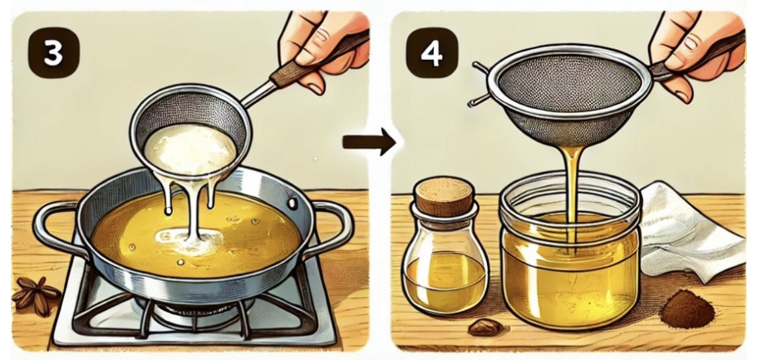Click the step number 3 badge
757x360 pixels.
tap(53, 53)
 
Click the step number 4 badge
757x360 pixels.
tap(431, 53)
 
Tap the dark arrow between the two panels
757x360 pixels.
tap(368, 141)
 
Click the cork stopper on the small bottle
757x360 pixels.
tap(445, 196)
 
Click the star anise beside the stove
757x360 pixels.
tap(35, 295)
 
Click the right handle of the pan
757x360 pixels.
tap(333, 227)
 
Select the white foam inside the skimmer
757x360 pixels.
tap(189, 148)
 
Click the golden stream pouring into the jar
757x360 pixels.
tap(572, 198)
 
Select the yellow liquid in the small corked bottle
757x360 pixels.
tap(445, 282)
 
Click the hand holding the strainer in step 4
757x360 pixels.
tap(698, 53)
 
